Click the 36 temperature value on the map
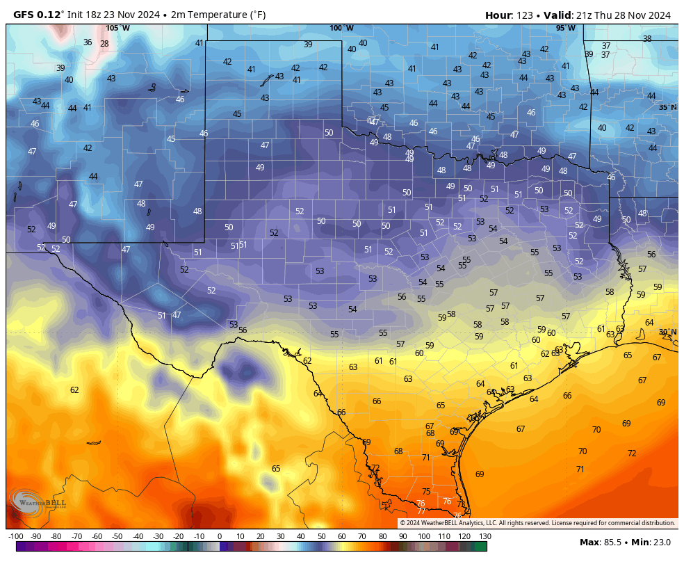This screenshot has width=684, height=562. coord(88,42)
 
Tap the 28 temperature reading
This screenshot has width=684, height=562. coord(104,44)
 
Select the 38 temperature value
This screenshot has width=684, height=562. coord(647,39)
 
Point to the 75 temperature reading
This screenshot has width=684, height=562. coord(426,492)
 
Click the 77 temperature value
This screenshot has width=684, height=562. coord(421,511)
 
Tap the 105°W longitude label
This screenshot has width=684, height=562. coord(117,29)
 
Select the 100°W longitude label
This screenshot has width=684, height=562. coord(341,29)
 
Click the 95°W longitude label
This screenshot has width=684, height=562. coord(565,29)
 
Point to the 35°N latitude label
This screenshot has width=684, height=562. coord(667,107)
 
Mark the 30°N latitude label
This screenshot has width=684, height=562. coord(667,332)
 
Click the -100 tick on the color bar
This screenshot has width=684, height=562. coord(15,536)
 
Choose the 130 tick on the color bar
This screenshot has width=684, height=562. coord(484,536)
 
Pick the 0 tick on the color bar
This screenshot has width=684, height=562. coord(220,536)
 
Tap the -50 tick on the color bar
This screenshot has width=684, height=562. coord(117,536)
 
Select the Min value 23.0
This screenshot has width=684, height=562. coord(661,542)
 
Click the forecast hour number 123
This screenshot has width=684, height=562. coord(523,15)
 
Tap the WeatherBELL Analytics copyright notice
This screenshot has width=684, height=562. coord(537,523)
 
